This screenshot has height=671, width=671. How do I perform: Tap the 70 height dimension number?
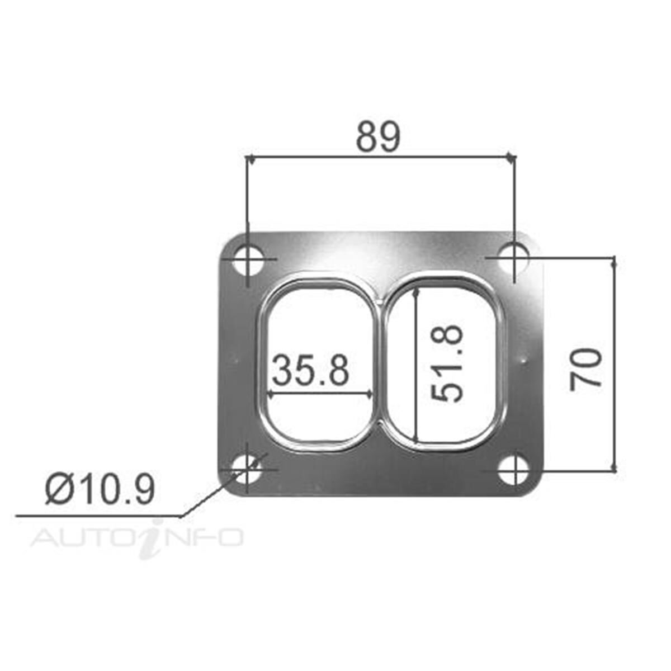click(586, 368)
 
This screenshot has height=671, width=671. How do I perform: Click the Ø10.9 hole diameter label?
click(100, 490)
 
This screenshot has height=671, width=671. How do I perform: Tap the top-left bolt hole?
click(247, 259)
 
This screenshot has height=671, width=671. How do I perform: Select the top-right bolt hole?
click(514, 258)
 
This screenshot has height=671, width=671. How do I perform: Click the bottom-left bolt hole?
click(247, 470)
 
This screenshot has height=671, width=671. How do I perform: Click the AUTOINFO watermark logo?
click(137, 538)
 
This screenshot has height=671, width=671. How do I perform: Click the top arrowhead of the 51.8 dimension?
click(415, 291)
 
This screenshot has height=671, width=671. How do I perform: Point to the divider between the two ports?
click(381, 363)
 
